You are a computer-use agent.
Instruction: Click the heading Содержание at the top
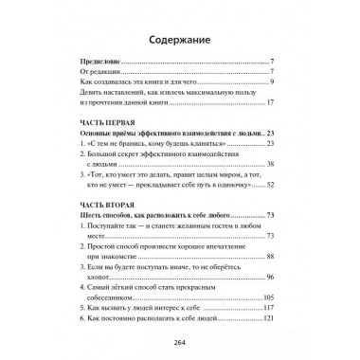[180, 41]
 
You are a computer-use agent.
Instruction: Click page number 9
[272, 94]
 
